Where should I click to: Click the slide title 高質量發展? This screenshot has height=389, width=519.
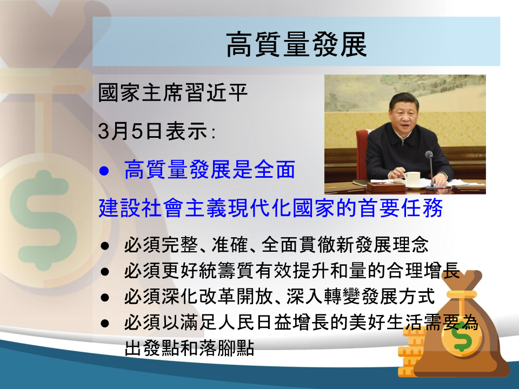[x=296, y=44]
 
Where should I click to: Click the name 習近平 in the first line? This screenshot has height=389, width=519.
[x=216, y=92]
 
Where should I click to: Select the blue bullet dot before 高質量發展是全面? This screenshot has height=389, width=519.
[x=104, y=171]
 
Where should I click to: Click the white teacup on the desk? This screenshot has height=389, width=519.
[x=412, y=179]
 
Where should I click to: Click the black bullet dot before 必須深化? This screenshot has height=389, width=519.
[x=105, y=297]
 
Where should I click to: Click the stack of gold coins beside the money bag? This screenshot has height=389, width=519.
[x=409, y=352]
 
